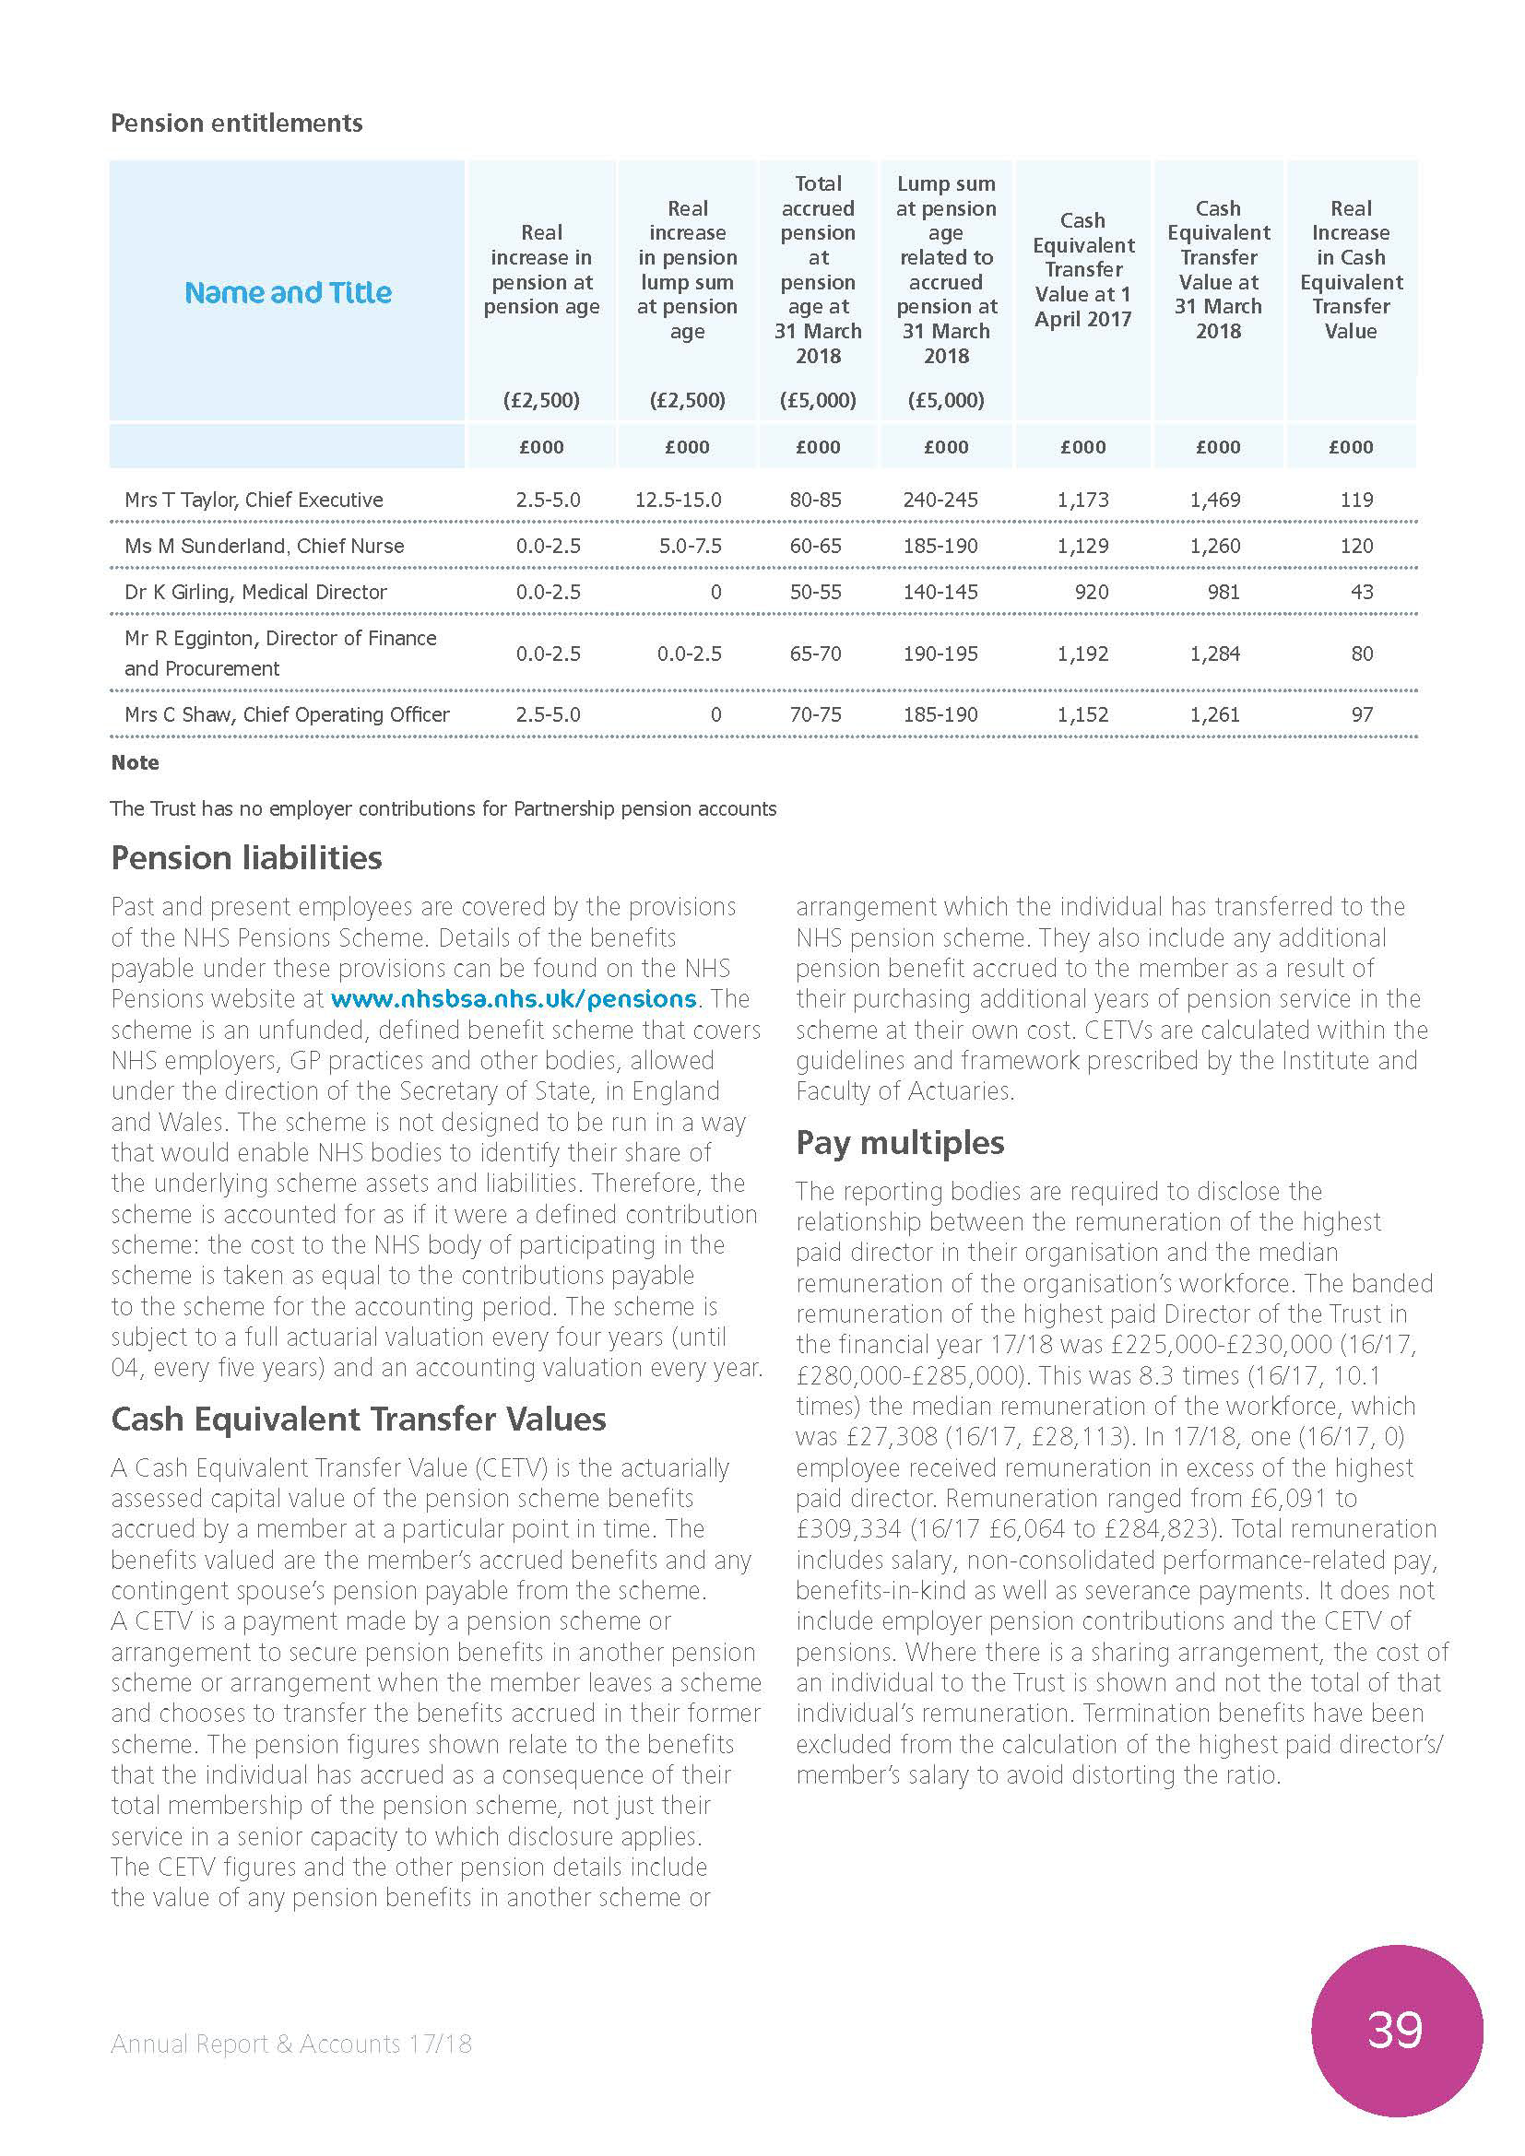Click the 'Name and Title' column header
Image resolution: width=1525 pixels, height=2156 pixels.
tap(288, 293)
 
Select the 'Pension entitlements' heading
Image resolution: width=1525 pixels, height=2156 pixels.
tap(237, 123)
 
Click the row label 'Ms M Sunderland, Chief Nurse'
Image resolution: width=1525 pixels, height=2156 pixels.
tap(264, 546)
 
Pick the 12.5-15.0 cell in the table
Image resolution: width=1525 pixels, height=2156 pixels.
tap(678, 500)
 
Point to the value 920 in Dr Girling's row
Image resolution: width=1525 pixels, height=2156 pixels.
tap(1090, 592)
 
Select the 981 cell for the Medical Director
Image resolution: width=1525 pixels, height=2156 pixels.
tap(1223, 592)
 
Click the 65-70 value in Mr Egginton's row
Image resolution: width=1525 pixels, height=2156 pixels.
tap(815, 654)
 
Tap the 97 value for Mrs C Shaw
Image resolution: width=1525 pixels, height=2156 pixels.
tap(1361, 714)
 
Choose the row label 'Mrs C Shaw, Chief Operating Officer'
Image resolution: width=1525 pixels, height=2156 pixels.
tap(287, 714)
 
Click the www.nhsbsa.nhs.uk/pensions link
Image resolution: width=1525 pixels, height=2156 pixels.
tap(514, 998)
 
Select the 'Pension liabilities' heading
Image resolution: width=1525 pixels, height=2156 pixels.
tap(246, 857)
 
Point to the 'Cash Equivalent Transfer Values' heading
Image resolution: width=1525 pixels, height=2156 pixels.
tap(358, 1419)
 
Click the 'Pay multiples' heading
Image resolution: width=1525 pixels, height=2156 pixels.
tap(900, 1142)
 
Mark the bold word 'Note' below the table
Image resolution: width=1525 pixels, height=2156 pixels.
tap(135, 762)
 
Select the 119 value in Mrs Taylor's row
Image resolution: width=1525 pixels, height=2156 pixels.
tap(1356, 500)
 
